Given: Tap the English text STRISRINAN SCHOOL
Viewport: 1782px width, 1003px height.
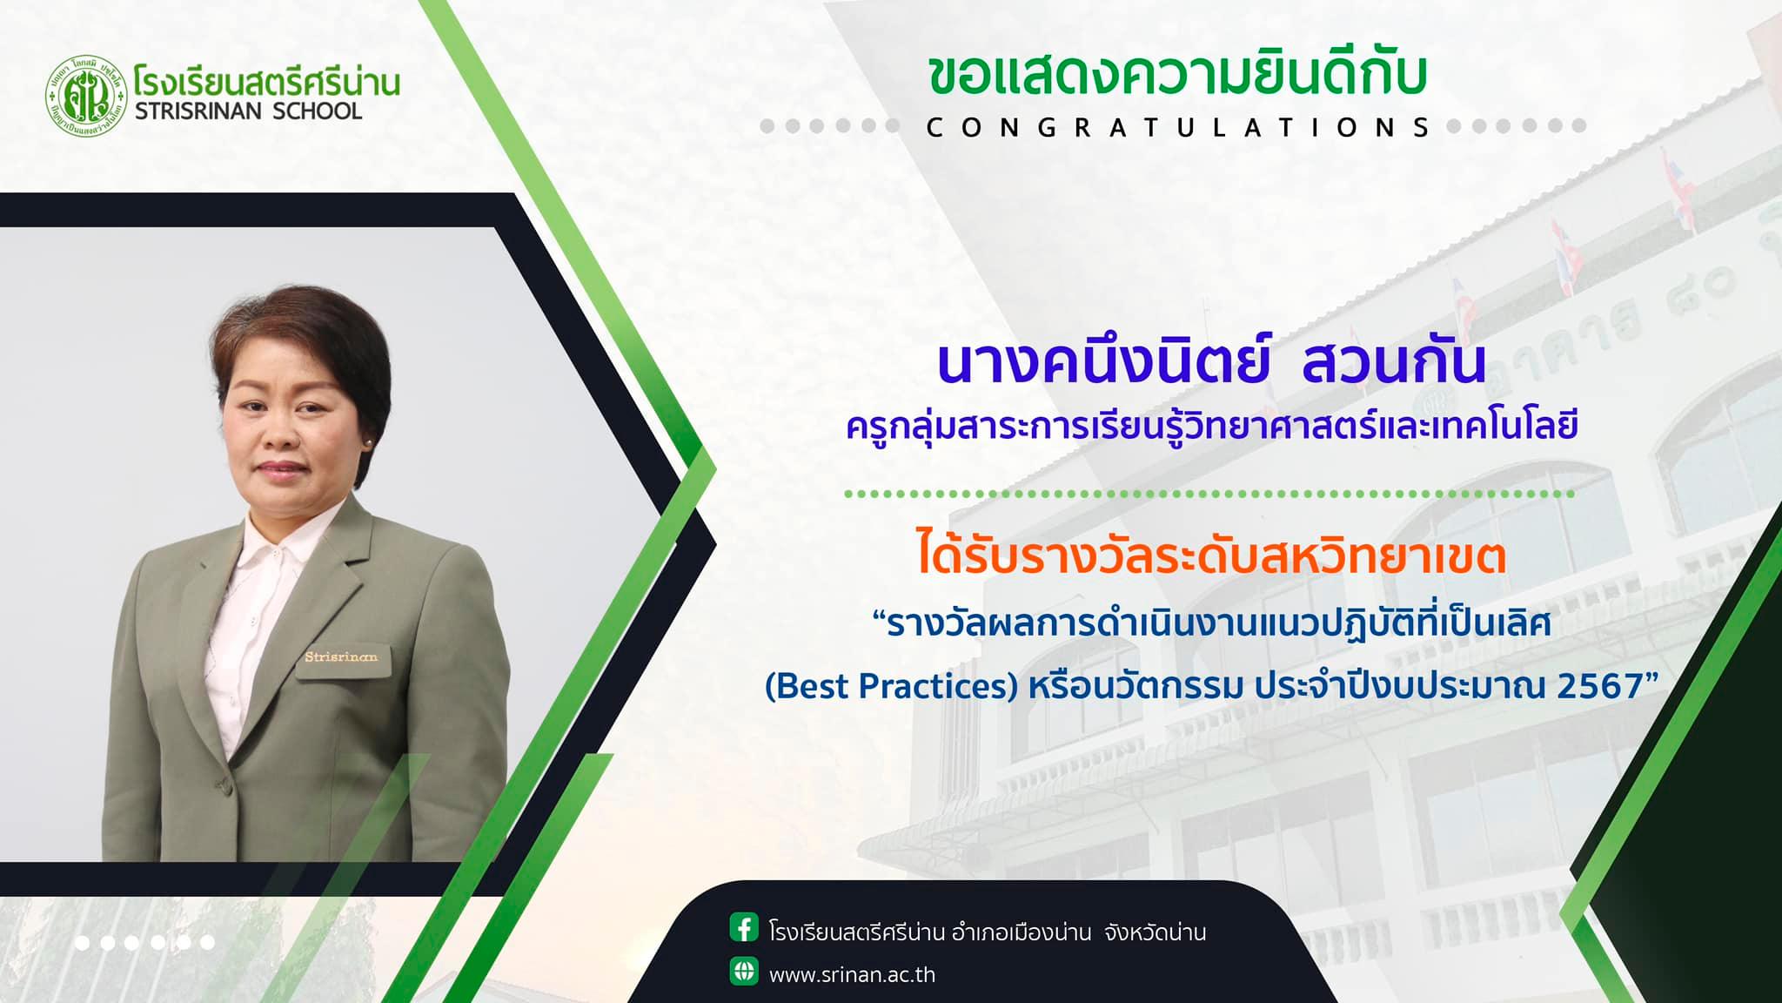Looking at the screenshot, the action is click(248, 111).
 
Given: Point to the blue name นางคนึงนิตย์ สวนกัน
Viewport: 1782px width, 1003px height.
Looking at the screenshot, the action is click(1211, 363).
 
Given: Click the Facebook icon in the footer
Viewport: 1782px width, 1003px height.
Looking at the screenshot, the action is click(744, 928).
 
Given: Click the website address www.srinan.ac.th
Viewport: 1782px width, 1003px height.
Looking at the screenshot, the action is click(852, 974).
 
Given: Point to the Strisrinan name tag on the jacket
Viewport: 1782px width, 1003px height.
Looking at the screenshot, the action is click(341, 656).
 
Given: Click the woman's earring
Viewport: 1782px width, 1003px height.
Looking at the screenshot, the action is click(369, 443).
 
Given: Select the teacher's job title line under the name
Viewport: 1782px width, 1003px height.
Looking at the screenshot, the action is click(1212, 427).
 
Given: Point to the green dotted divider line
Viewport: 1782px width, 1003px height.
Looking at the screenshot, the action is click(1210, 494).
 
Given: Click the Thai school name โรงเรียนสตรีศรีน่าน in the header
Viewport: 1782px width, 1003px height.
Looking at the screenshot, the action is click(267, 82).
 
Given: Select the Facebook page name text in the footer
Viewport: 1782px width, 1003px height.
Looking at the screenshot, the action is click(988, 932).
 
